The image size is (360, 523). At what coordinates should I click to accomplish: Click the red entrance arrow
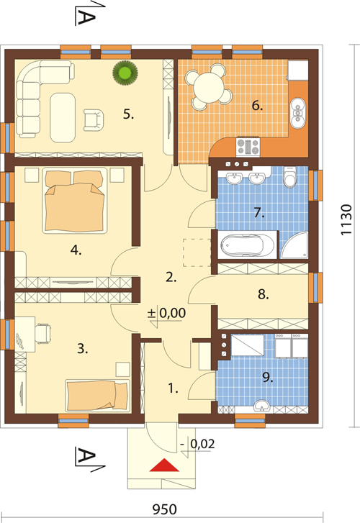click(164, 465)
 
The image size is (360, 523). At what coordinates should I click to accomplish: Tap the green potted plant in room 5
click(125, 73)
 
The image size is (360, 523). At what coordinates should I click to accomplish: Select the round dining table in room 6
click(209, 86)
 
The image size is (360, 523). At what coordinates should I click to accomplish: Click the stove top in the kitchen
click(248, 147)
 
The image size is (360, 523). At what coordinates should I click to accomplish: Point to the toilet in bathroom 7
click(289, 177)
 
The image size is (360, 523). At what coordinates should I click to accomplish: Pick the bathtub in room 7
click(248, 245)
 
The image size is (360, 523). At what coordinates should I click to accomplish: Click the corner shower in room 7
click(294, 245)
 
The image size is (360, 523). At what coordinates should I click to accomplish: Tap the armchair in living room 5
click(93, 120)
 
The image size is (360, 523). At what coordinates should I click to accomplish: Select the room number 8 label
click(263, 294)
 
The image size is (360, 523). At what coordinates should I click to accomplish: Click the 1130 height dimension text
click(346, 219)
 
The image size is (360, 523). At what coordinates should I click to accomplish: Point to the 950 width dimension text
click(164, 509)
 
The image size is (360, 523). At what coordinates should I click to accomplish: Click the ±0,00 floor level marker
click(166, 313)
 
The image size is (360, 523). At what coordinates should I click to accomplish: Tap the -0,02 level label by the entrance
click(197, 444)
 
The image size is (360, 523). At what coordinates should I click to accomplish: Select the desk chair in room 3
click(42, 333)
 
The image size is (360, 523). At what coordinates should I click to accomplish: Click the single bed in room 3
click(97, 395)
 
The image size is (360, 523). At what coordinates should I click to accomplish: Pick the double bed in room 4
click(75, 201)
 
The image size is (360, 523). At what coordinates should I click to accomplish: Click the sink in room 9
click(262, 406)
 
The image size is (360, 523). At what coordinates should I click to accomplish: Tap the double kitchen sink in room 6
click(297, 113)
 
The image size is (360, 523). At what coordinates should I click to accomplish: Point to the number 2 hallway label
click(171, 277)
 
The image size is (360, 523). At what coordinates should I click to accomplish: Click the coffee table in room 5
click(63, 118)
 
